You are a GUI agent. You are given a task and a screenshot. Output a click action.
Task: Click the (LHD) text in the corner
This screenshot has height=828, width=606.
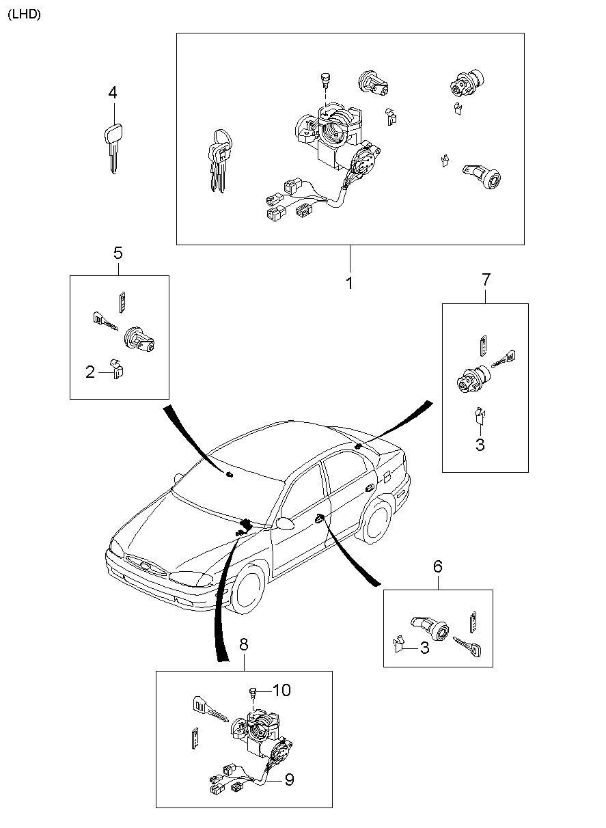click(24, 14)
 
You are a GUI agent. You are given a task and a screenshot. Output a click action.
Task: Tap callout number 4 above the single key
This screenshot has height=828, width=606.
click(113, 92)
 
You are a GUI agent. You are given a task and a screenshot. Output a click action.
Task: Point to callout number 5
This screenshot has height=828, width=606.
click(118, 253)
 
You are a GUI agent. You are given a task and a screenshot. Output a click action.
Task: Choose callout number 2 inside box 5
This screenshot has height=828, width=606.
click(90, 372)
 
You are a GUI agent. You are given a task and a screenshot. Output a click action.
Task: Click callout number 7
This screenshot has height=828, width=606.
click(486, 279)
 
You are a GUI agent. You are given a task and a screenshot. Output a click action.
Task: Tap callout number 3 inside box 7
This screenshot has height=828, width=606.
click(480, 445)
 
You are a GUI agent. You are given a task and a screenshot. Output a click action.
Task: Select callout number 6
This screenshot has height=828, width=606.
click(438, 566)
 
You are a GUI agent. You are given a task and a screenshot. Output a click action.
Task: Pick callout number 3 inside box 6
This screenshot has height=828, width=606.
click(424, 648)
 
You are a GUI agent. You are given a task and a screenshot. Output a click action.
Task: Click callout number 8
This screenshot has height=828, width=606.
click(244, 644)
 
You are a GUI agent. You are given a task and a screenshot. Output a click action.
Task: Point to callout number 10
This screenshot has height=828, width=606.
click(281, 691)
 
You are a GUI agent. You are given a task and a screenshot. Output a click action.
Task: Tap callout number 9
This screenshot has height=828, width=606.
click(289, 779)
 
